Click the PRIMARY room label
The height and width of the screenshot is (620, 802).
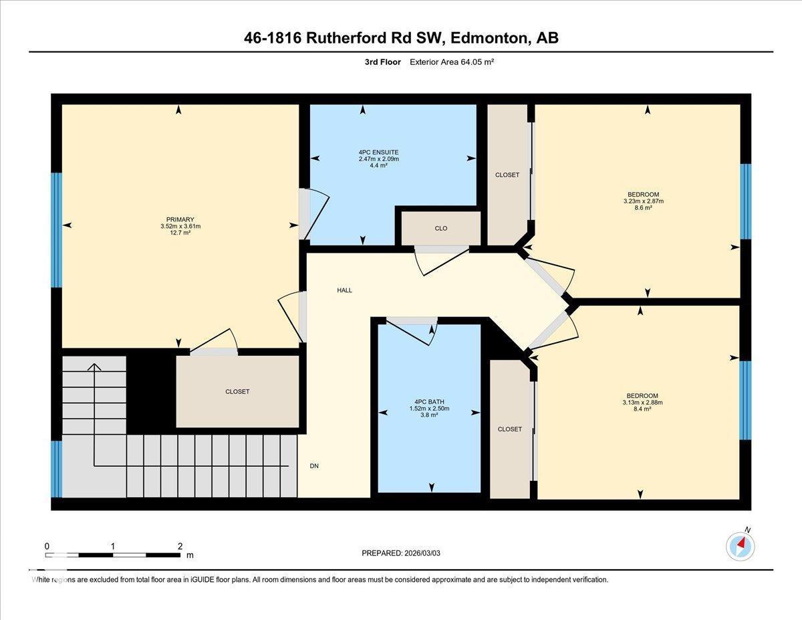point(180,219)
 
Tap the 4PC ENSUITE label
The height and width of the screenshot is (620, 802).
point(378,152)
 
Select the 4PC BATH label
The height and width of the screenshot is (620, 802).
point(429,401)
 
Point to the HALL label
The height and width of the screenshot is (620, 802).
point(344,290)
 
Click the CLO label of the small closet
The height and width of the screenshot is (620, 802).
point(440,229)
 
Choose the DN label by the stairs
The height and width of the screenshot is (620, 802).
point(314,466)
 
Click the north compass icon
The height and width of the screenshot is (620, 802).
point(740,546)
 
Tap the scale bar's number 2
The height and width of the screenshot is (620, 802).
point(180,546)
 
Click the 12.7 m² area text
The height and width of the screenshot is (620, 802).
point(176,233)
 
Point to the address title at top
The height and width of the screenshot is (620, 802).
point(401,38)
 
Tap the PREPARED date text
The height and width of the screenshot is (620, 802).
point(401,553)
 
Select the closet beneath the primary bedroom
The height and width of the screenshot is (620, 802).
point(237,391)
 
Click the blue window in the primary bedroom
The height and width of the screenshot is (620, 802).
point(57,230)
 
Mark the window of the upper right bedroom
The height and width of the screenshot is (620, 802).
point(745,201)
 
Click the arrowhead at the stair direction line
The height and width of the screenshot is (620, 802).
point(94,367)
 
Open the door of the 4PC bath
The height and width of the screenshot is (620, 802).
point(410,331)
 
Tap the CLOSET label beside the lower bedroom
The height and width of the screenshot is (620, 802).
point(510,429)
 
